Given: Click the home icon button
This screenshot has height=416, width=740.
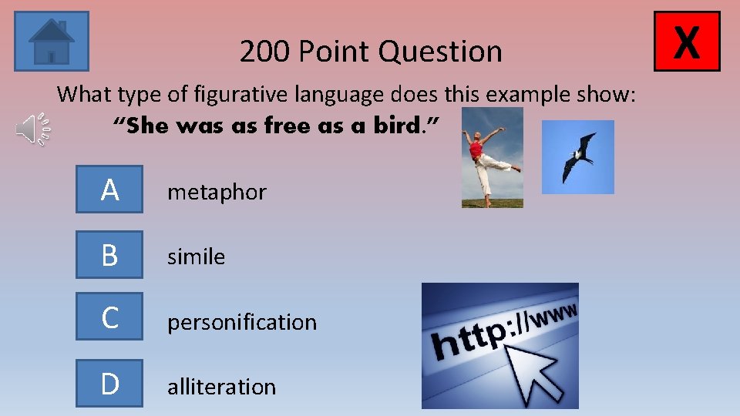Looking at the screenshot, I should click(x=52, y=41).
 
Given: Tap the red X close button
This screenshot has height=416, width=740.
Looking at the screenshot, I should click(x=686, y=41).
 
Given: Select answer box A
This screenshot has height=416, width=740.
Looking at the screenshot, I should click(x=109, y=190).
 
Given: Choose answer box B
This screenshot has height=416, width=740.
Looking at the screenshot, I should click(x=109, y=255).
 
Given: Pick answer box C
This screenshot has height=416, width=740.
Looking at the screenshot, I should click(x=109, y=317).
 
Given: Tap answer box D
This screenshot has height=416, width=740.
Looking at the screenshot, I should click(x=109, y=383).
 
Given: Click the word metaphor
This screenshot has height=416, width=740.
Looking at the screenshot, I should click(x=217, y=192).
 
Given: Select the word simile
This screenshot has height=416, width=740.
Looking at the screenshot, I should click(x=197, y=257).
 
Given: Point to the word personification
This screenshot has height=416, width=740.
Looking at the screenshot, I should click(x=242, y=322).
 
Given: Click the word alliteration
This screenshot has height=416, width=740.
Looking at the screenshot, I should click(x=221, y=386).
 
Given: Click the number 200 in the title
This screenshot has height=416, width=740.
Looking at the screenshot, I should click(x=265, y=52).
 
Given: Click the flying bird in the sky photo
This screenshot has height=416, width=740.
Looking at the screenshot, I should click(x=578, y=157).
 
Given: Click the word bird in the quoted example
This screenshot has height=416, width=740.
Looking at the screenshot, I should click(x=394, y=126).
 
